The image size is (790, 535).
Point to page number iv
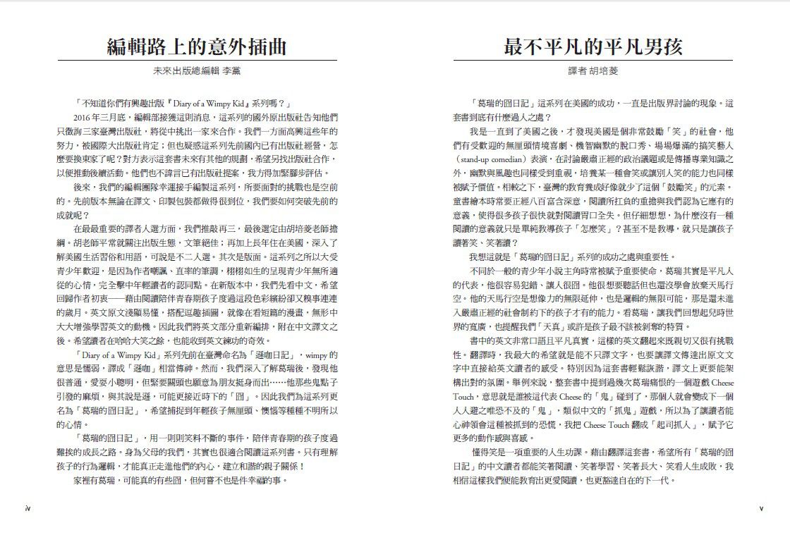click(27, 508)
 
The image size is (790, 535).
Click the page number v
click(761, 508)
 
